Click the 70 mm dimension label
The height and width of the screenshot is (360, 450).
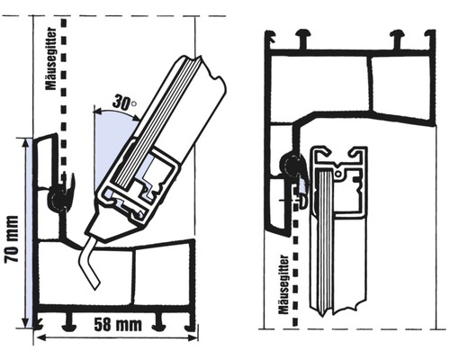click(x=12, y=239)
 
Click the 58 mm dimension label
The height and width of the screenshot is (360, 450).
click(x=118, y=324)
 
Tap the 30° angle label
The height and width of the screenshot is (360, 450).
click(x=124, y=102)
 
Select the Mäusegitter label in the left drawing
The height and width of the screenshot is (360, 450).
click(x=51, y=58)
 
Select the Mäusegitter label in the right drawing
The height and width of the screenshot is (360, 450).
click(x=283, y=284)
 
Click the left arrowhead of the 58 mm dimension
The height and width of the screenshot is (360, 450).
click(x=40, y=337)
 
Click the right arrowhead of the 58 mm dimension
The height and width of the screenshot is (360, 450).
click(x=192, y=337)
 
